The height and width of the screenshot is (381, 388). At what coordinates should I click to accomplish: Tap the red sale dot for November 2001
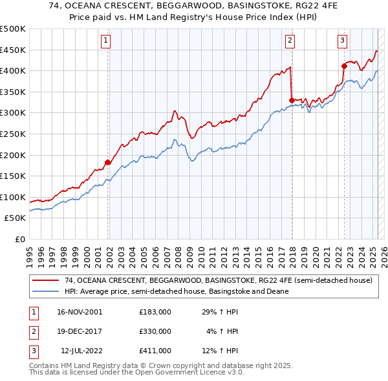click(x=108, y=162)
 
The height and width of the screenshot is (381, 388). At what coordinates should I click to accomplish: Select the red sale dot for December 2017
click(x=292, y=100)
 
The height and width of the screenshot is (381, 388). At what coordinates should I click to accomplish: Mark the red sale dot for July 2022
click(x=345, y=66)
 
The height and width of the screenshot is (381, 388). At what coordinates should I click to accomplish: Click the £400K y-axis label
click(x=13, y=70)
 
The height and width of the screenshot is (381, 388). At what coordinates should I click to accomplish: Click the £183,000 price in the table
click(x=155, y=312)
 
